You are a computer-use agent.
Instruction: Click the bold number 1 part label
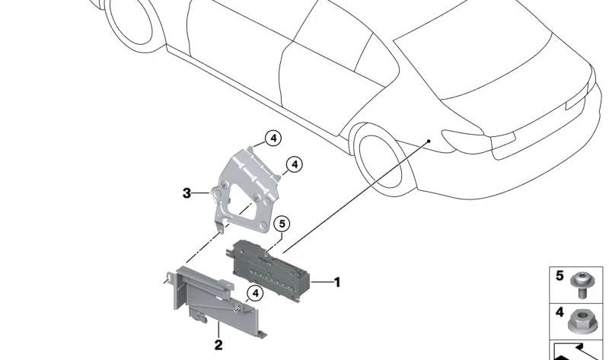click(337, 282)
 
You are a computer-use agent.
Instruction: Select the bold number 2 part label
click(218, 345)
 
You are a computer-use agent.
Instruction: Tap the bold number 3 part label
click(187, 193)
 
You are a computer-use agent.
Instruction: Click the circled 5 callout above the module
click(282, 224)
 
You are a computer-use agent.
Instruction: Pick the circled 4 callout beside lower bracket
click(255, 294)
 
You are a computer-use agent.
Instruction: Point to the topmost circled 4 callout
click(273, 139)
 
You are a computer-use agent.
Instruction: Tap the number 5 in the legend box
click(560, 276)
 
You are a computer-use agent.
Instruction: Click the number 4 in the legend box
click(560, 312)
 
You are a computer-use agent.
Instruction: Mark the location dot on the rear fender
click(429, 141)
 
